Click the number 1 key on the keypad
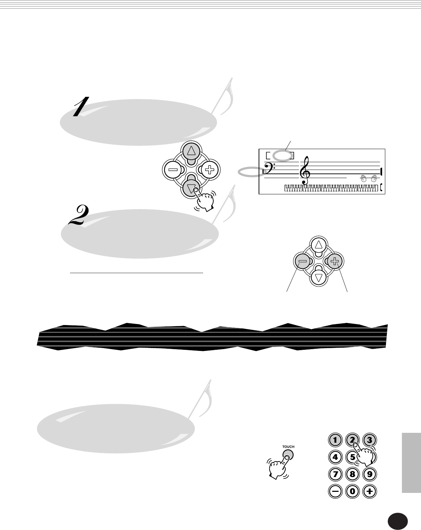coord(335,440)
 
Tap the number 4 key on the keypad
coord(335,457)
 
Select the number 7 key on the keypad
coord(335,473)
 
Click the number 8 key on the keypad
coord(352,473)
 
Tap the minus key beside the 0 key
coord(335,490)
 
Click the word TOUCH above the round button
coord(288,447)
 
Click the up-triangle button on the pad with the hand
coord(191,152)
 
